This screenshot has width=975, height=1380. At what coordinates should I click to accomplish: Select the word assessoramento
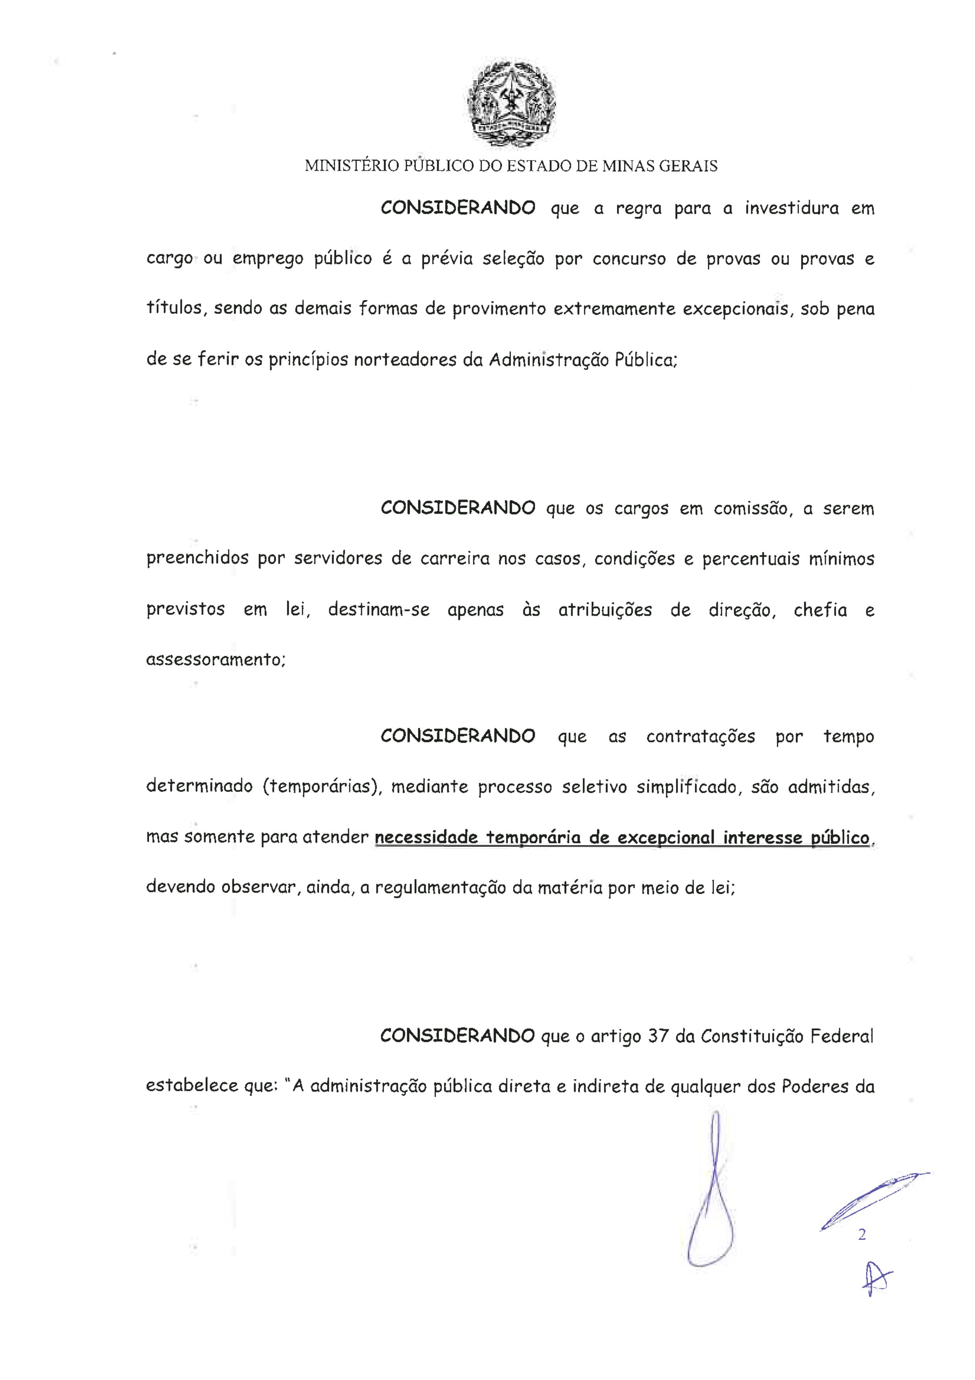[x=215, y=660]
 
